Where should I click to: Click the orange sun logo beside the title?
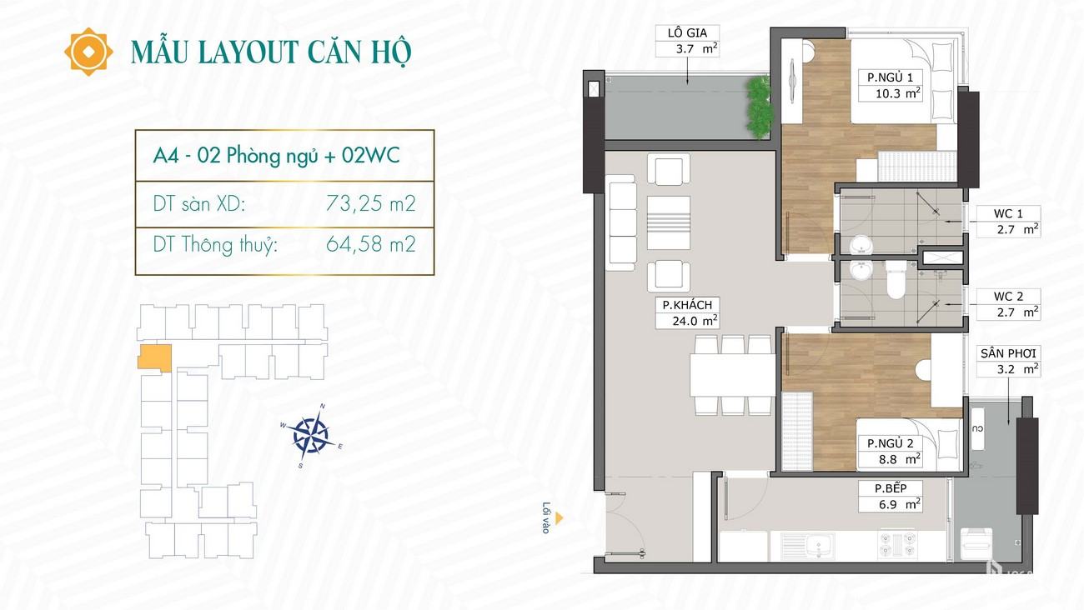pyautogui.click(x=88, y=52)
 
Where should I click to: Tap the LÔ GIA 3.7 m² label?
pyautogui.click(x=688, y=41)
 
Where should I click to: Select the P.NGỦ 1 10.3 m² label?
pyautogui.click(x=891, y=85)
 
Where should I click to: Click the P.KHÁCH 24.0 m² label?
pyautogui.click(x=687, y=312)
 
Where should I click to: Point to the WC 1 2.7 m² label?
pyautogui.click(x=1008, y=222)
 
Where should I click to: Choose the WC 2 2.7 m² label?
pyautogui.click(x=1008, y=304)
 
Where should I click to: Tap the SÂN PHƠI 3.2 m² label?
pyautogui.click(x=1008, y=362)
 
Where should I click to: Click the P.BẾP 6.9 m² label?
pyautogui.click(x=891, y=497)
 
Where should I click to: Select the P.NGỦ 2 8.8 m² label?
pyautogui.click(x=891, y=452)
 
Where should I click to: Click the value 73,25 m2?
pyautogui.click(x=371, y=203)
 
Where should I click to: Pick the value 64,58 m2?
pyautogui.click(x=371, y=244)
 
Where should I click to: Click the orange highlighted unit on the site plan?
pyautogui.click(x=154, y=358)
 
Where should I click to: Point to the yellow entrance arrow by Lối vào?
pyautogui.click(x=560, y=518)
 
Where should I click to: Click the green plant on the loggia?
pyautogui.click(x=759, y=107)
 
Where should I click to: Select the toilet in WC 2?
pyautogui.click(x=896, y=280)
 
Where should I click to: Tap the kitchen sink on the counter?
pyautogui.click(x=807, y=546)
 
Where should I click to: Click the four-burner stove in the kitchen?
pyautogui.click(x=897, y=544)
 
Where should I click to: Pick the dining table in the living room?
pyautogui.click(x=733, y=375)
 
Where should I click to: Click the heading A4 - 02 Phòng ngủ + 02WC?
pyautogui.click(x=276, y=156)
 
